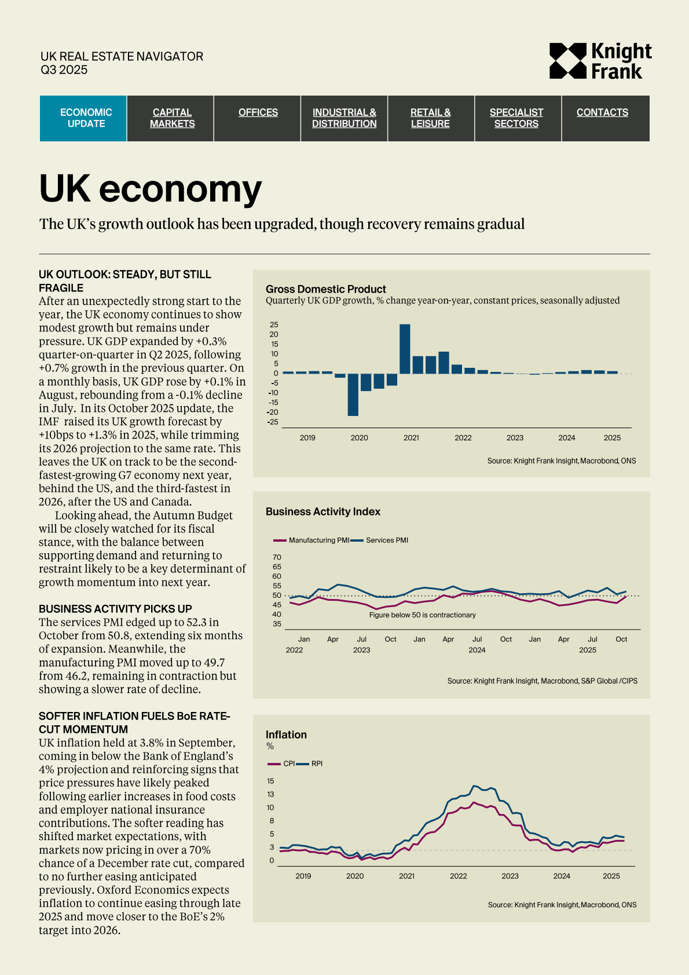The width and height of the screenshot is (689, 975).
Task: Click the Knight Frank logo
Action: pyautogui.click(x=600, y=61)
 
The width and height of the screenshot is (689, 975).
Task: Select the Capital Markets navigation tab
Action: pyautogui.click(x=172, y=118)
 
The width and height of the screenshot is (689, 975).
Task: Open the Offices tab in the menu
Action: pyautogui.click(x=258, y=112)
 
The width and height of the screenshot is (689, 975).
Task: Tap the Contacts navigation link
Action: pyautogui.click(x=602, y=112)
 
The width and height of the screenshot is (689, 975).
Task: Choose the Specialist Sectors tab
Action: pyautogui.click(x=516, y=118)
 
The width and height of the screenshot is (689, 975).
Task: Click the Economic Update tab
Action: pyautogui.click(x=86, y=118)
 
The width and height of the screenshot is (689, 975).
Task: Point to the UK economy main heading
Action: pyautogui.click(x=151, y=189)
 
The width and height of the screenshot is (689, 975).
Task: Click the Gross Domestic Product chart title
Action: pyautogui.click(x=325, y=289)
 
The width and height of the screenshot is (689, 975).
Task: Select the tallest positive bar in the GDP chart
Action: pyautogui.click(x=405, y=349)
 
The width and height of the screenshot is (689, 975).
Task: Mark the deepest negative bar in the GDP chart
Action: pyautogui.click(x=353, y=395)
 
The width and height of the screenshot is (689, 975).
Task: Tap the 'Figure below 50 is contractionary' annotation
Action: pyautogui.click(x=422, y=615)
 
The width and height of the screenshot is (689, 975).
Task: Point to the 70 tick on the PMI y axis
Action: pyautogui.click(x=277, y=557)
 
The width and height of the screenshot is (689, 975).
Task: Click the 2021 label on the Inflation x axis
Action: pyautogui.click(x=406, y=876)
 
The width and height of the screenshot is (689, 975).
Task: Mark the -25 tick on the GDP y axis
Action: pyautogui.click(x=272, y=422)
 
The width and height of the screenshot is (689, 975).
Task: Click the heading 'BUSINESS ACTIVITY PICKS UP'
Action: pyautogui.click(x=115, y=609)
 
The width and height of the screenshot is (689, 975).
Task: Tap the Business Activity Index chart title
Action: pyautogui.click(x=322, y=512)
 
